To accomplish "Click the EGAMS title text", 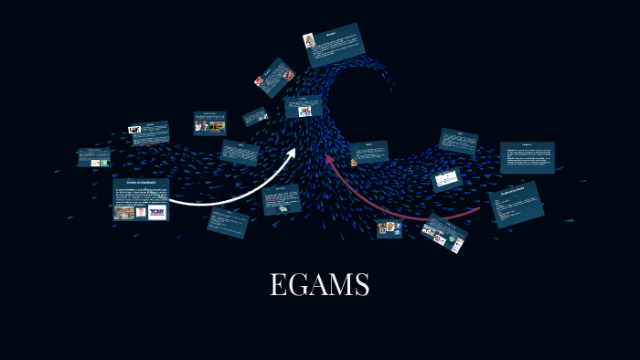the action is coord(319,285).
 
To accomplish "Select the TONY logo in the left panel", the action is coord(156,212).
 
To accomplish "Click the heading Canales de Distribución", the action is coord(140,183).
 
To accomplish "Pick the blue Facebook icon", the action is coord(398,226).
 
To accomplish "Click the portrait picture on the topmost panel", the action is coord(311,40).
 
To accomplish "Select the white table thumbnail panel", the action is coord(447,179).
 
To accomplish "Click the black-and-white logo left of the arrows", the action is coord(134,130).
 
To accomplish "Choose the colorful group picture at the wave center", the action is coord(304,111).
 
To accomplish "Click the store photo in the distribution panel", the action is coord(124,212).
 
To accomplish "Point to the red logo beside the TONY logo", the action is coord(141,212).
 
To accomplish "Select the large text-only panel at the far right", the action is coord(527,157).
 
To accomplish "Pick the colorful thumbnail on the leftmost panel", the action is coord(95,163).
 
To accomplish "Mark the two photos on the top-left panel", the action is coord(210,127).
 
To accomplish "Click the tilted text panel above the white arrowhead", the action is coord(240,152).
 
